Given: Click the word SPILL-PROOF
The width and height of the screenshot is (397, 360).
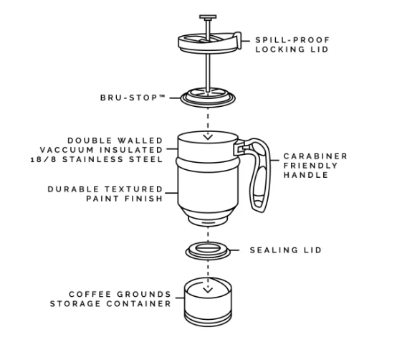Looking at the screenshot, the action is pyautogui.click(x=292, y=40).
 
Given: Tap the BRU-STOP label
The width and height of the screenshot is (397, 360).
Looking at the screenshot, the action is pyautogui.click(x=133, y=98).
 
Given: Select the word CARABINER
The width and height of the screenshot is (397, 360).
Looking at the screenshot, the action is pyautogui.click(x=315, y=156).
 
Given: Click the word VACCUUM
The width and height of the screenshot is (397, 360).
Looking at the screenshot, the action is pyautogui.click(x=67, y=150).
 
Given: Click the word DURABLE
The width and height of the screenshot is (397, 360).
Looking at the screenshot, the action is pyautogui.click(x=73, y=189).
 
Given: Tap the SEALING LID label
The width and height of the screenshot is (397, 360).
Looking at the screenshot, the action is pyautogui.click(x=286, y=250).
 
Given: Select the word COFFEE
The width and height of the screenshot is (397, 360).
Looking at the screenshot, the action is pyautogui.click(x=90, y=294).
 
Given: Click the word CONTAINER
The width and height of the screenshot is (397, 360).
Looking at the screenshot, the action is pyautogui.click(x=139, y=303).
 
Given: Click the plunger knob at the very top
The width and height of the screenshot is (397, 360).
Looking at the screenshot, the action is pyautogui.click(x=208, y=17).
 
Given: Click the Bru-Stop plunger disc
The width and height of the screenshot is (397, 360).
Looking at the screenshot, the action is pyautogui.click(x=208, y=98).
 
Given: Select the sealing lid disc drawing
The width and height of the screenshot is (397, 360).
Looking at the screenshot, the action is pyautogui.click(x=208, y=251).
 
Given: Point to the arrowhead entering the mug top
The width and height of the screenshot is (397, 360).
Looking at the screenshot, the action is pyautogui.click(x=208, y=137).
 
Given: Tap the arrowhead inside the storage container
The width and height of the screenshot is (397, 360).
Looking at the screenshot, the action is pyautogui.click(x=208, y=290).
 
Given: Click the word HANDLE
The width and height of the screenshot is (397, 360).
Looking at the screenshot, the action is pyautogui.click(x=306, y=175).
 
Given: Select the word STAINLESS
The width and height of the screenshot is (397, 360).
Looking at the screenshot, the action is pyautogui.click(x=93, y=159).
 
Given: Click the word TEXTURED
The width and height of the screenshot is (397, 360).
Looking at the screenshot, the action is pyautogui.click(x=134, y=189).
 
